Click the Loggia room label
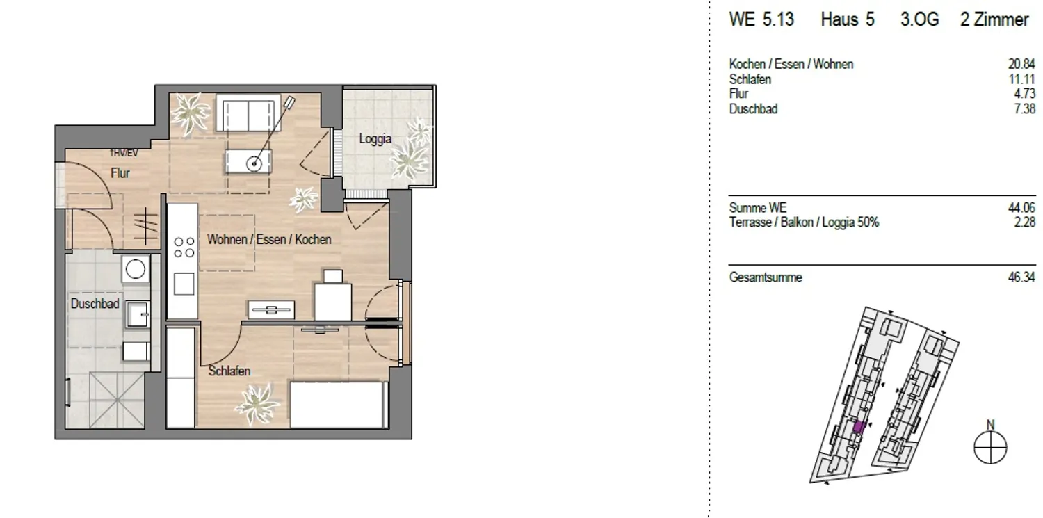click(375, 139)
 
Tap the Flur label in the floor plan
click(120, 173)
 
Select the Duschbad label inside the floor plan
click(95, 303)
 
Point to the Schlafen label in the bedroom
click(229, 371)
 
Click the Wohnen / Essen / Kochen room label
click(269, 239)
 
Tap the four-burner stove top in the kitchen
click(184, 247)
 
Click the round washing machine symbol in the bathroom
click(136, 269)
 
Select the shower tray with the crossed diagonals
click(117, 400)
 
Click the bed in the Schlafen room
click(339, 405)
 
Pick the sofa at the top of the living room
click(248, 113)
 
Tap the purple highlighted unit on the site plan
click(859, 427)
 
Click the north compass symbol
click(990, 447)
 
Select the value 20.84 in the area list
click(1021, 64)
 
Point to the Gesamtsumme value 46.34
click(1021, 277)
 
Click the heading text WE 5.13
click(761, 19)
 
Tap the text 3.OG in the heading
click(920, 19)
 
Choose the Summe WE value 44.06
click(1021, 208)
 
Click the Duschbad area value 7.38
click(1024, 109)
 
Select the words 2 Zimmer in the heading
click(994, 19)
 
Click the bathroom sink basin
click(137, 314)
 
